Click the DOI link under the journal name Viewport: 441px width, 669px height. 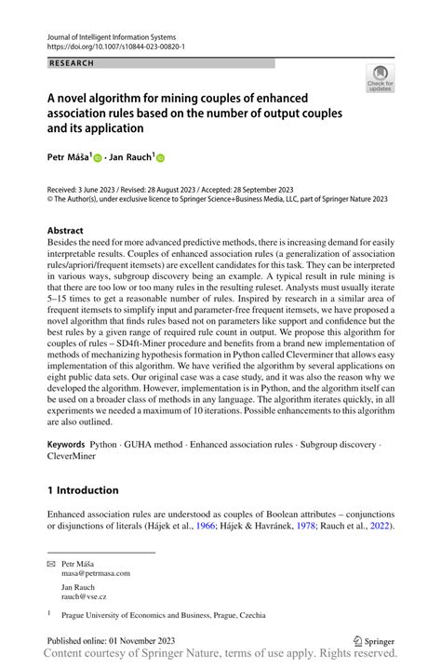coord(116,46)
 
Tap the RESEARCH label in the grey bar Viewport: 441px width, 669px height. coord(71,63)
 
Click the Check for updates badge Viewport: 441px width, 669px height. coord(381,79)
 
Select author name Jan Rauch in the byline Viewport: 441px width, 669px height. coord(129,159)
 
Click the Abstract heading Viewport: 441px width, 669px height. coord(67,230)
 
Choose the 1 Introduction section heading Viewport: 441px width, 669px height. coord(83,490)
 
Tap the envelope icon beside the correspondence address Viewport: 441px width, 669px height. coord(51,563)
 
